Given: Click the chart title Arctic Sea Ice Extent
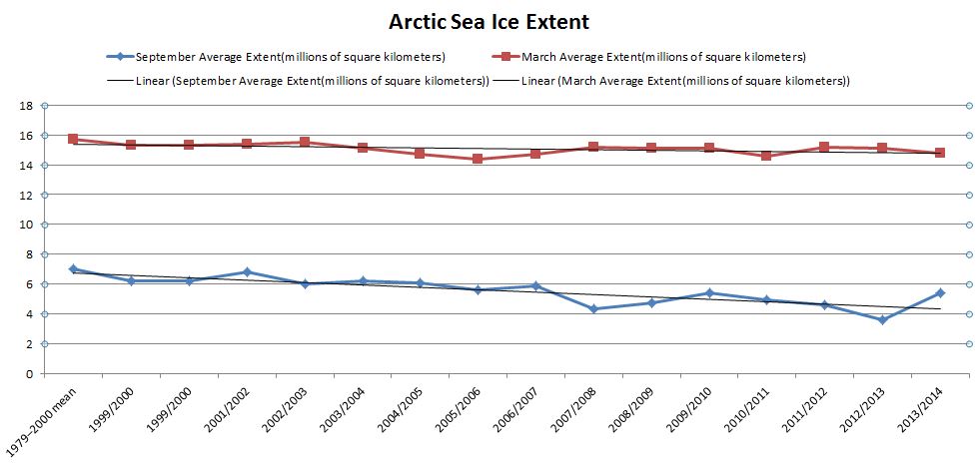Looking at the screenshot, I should pyautogui.click(x=488, y=21).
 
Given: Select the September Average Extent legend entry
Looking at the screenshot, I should pyautogui.click(x=290, y=56).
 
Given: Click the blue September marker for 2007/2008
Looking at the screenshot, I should pyautogui.click(x=593, y=309).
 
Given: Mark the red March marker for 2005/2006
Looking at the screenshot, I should pyautogui.click(x=478, y=159).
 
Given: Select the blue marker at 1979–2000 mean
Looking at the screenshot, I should pyautogui.click(x=73, y=269).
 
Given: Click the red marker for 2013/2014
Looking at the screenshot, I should pyautogui.click(x=940, y=153).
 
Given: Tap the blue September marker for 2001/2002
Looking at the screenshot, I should pyautogui.click(x=247, y=272).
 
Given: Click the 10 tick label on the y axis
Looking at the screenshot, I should pyautogui.click(x=28, y=225).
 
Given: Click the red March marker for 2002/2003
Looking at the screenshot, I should pyautogui.click(x=305, y=143).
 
